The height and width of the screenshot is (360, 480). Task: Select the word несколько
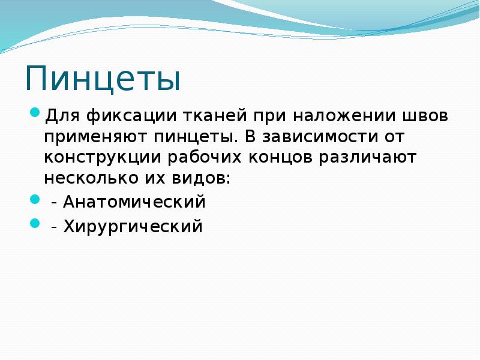(91, 179)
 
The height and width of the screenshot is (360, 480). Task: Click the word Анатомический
(135, 202)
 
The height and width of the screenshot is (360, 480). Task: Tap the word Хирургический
(133, 227)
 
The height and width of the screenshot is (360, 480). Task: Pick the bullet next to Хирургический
(34, 223)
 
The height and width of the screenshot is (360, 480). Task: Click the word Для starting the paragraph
(59, 115)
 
